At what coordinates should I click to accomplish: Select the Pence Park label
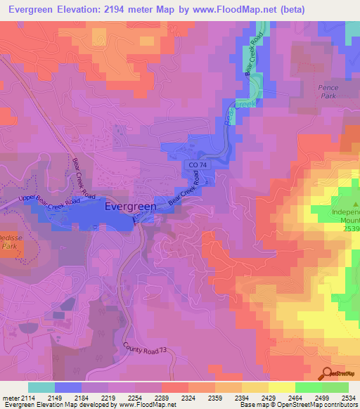[328, 92]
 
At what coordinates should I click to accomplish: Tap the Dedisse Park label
[8, 242]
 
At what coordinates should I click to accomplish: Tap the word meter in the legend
[9, 398]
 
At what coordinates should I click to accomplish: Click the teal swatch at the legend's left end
[41, 387]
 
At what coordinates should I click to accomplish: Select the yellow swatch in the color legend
[281, 387]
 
